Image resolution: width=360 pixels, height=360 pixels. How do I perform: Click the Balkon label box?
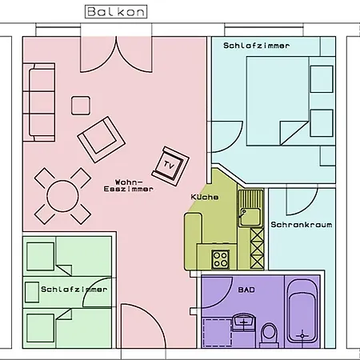click(116, 12)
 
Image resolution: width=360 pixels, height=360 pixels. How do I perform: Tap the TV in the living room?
click(170, 166)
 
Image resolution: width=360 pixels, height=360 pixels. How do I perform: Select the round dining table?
click(62, 196)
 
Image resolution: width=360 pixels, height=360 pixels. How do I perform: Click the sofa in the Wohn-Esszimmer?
click(39, 102)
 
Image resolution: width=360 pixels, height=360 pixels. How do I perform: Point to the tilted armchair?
click(101, 139)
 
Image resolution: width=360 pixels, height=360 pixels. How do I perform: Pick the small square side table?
click(81, 106)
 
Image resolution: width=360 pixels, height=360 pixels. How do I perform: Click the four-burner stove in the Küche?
click(220, 260)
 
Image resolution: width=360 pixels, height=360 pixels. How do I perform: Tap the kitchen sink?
click(250, 208)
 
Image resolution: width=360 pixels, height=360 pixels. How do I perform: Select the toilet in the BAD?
click(269, 335)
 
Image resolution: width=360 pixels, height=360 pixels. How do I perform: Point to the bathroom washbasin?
click(244, 322)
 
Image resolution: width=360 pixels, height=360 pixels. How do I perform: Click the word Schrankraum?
click(302, 225)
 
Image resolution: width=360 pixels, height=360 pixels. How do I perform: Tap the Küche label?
click(205, 197)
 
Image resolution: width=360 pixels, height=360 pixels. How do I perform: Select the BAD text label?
click(246, 290)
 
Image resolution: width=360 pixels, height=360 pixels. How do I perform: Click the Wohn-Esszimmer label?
click(129, 186)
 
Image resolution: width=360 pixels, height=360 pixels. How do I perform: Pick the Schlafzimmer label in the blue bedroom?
click(256, 46)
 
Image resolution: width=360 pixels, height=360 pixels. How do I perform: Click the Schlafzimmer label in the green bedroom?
click(74, 289)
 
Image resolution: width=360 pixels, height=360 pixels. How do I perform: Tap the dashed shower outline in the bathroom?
click(217, 332)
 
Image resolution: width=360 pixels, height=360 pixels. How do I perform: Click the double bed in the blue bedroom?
click(290, 101)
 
